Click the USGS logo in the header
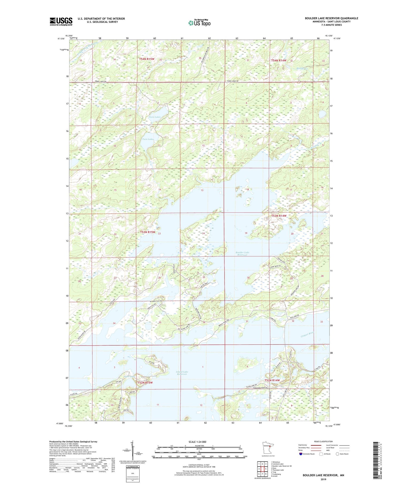point(61,21)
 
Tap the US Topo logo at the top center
point(199,23)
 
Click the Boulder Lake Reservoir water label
point(242,254)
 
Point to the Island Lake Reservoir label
point(182,373)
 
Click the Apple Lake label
point(130,376)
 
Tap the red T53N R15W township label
point(148,232)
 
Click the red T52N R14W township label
point(272,380)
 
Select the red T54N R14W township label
point(279,60)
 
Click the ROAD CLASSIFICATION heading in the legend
point(323,441)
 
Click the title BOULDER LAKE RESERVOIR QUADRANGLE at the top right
point(331,18)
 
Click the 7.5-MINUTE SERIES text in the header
point(331,25)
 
